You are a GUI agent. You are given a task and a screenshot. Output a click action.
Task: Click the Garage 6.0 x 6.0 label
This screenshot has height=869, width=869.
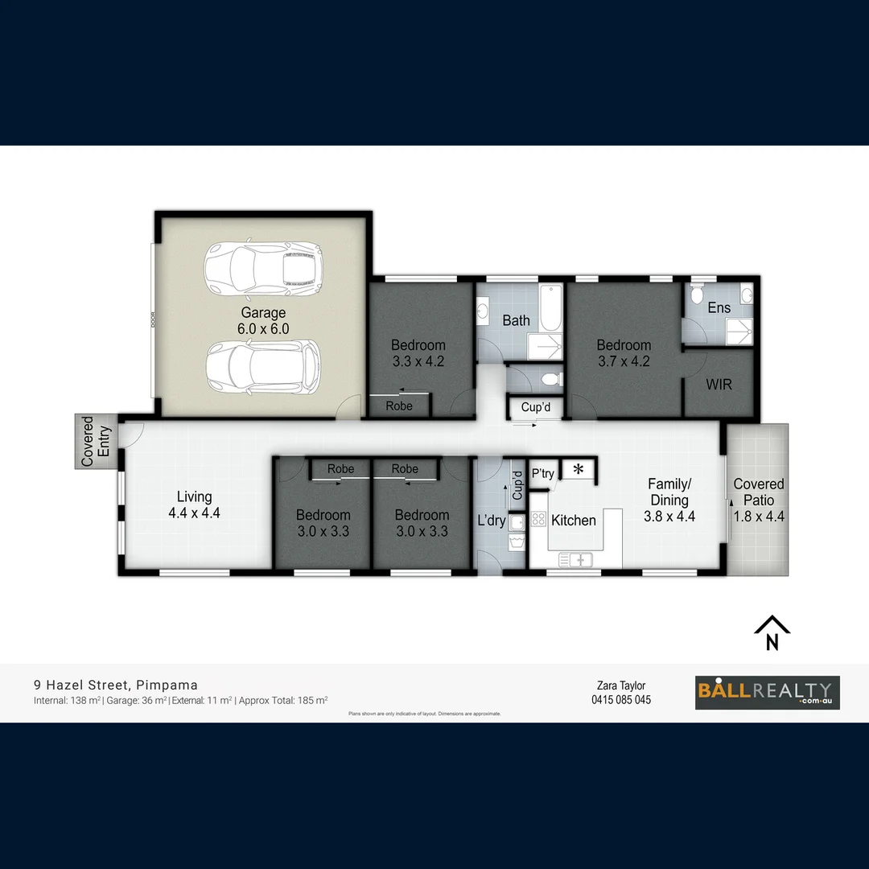point(263,320)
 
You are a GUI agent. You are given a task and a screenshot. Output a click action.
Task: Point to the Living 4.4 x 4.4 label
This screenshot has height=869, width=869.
point(195,505)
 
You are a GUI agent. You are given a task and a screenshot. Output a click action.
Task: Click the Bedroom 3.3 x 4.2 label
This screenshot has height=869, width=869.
point(418,353)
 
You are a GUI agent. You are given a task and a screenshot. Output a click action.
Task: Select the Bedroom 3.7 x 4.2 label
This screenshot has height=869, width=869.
point(624,353)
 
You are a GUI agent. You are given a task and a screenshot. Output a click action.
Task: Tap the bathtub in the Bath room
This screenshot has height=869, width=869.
point(550,308)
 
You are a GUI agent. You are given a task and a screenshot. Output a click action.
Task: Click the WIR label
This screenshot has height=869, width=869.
point(719,385)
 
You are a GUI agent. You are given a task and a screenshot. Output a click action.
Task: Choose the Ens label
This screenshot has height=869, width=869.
point(719,307)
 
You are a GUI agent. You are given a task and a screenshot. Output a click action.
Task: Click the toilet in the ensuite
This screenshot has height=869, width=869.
point(697,294)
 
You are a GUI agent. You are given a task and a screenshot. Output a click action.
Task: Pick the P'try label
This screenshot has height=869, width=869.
point(542,473)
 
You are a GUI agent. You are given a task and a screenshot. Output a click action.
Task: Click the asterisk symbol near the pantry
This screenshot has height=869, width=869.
point(578,469)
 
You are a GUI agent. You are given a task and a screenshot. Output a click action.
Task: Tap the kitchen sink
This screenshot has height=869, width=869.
point(575,559)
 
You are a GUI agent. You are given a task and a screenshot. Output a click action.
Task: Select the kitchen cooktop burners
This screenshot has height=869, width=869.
point(538,520)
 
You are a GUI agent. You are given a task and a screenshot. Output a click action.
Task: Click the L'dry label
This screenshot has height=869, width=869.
point(491,521)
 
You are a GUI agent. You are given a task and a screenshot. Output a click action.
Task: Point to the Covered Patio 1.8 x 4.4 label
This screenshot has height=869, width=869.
point(758,498)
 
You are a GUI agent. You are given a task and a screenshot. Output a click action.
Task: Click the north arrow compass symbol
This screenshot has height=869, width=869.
point(772,632)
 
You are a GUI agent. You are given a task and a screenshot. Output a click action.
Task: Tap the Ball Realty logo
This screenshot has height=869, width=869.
point(767,692)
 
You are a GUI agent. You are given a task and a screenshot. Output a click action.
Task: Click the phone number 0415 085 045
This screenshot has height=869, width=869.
point(620,699)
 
